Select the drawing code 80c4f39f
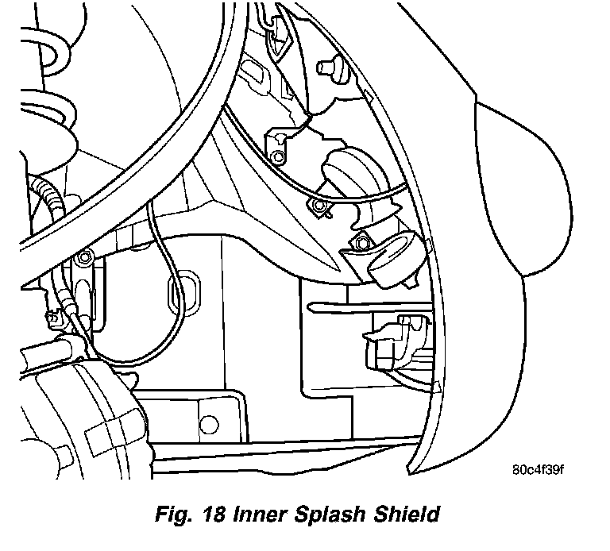[538, 468]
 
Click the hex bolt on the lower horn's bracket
[361, 241]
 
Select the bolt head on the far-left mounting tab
[84, 258]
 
